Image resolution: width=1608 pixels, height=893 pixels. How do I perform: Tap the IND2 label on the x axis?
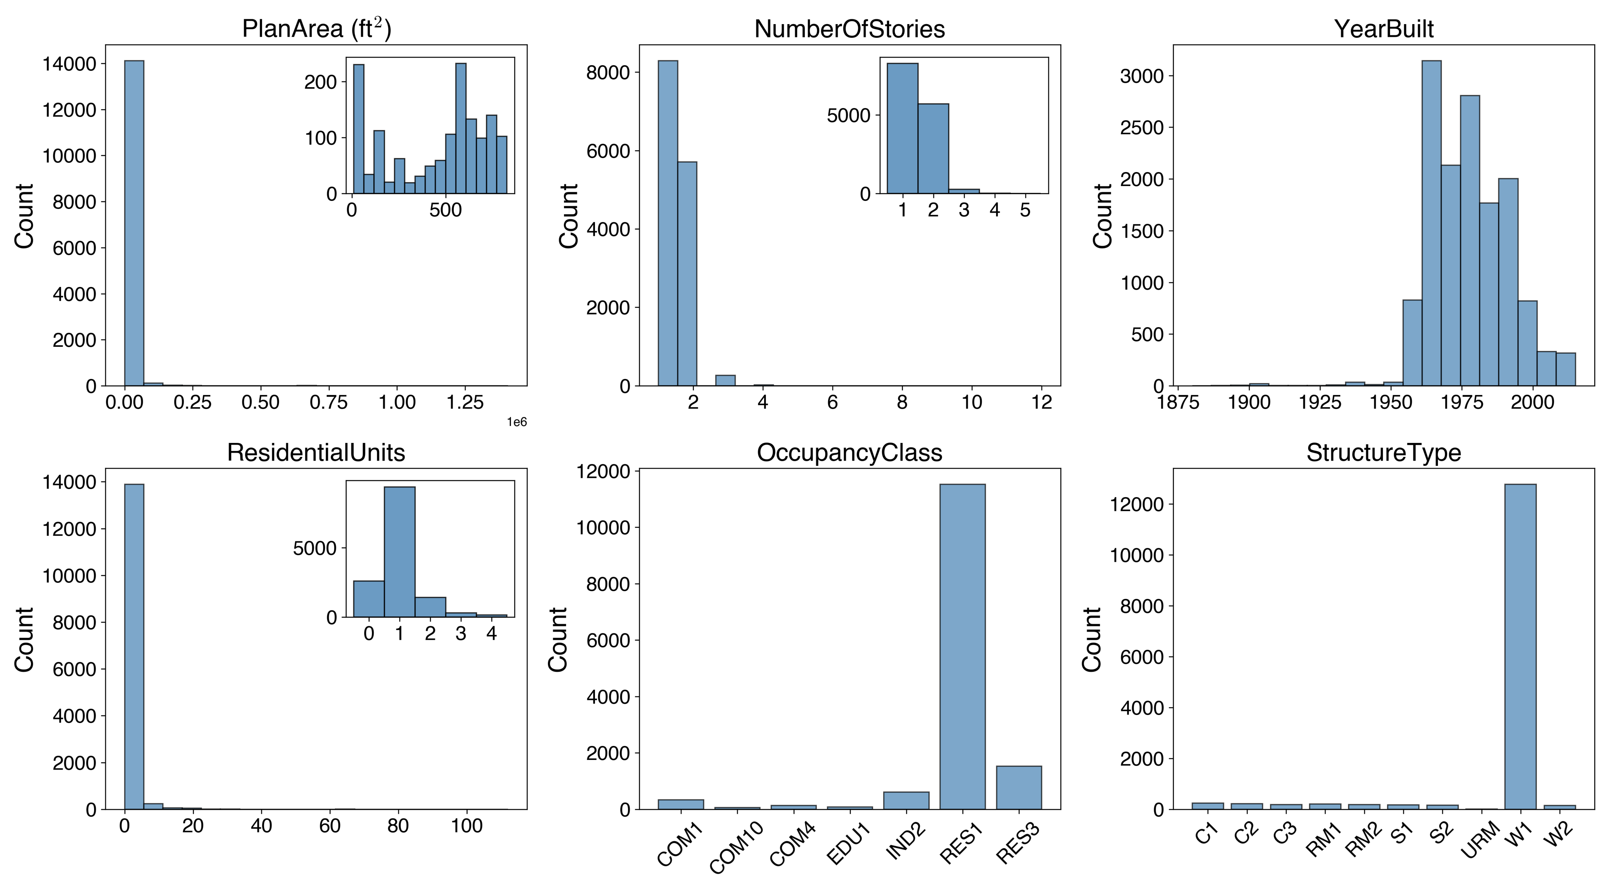click(906, 842)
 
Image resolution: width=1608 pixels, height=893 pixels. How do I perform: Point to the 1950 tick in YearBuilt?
click(1390, 402)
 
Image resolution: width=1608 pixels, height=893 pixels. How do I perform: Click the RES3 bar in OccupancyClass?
click(1019, 788)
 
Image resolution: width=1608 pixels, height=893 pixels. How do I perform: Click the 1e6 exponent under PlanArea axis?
click(516, 422)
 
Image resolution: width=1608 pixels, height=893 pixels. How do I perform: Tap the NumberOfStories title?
click(849, 29)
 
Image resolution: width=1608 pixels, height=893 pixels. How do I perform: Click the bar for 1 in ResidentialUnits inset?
click(400, 552)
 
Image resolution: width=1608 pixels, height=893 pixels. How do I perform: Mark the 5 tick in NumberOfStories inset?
click(1025, 210)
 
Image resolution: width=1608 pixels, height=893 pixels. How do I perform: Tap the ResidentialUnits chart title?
click(316, 453)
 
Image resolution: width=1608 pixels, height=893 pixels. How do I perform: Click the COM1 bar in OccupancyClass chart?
click(681, 805)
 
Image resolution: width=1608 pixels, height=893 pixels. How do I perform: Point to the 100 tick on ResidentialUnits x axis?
click(466, 825)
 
